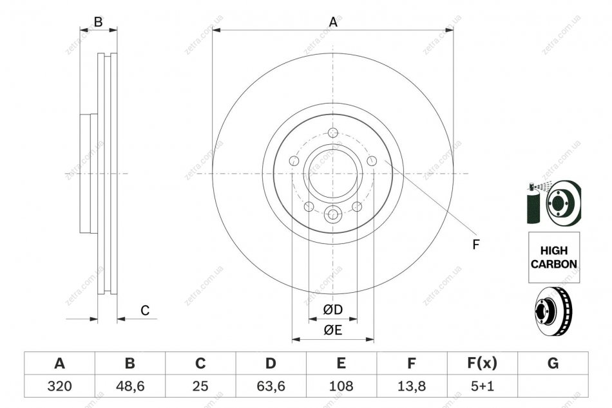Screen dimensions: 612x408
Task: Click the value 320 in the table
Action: pyautogui.click(x=59, y=386)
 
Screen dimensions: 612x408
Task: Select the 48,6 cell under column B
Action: pyautogui.click(x=130, y=386)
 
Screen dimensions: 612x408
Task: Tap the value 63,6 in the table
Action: pyautogui.click(x=271, y=386)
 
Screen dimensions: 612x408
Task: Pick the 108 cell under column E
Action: pyautogui.click(x=341, y=386)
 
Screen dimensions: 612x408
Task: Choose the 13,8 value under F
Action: pyautogui.click(x=412, y=386)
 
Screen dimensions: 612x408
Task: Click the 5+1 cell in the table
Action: pyautogui.click(x=483, y=386)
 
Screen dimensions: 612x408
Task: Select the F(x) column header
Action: pyautogui.click(x=483, y=364)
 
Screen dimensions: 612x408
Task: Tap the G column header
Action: pyautogui.click(x=553, y=364)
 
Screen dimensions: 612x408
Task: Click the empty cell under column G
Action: pyautogui.click(x=553, y=386)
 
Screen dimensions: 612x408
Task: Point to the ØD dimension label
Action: pyautogui.click(x=332, y=310)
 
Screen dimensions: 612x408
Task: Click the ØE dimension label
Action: pyautogui.click(x=332, y=330)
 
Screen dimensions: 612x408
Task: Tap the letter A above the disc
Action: pyautogui.click(x=333, y=23)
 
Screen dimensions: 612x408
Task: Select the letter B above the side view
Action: pyautogui.click(x=99, y=22)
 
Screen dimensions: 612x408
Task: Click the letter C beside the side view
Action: pyautogui.click(x=145, y=311)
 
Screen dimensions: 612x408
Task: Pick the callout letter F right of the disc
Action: pyautogui.click(x=475, y=245)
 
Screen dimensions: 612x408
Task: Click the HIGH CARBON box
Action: pyautogui.click(x=554, y=257)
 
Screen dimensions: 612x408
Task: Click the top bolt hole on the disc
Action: pyautogui.click(x=332, y=133)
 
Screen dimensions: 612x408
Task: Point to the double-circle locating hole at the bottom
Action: pyautogui.click(x=333, y=214)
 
